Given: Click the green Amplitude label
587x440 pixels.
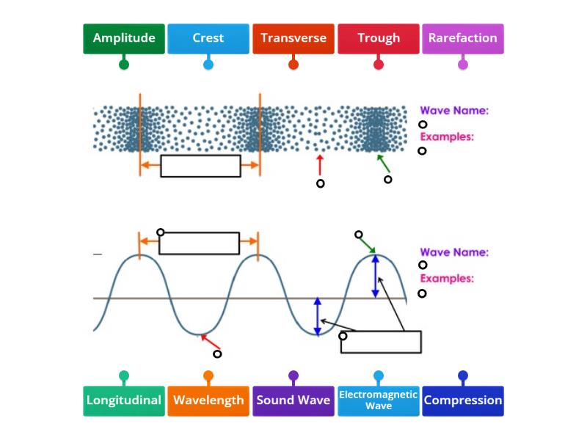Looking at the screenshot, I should (x=123, y=38).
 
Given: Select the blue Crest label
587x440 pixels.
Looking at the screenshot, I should (x=208, y=38).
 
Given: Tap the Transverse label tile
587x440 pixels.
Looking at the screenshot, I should (x=293, y=38).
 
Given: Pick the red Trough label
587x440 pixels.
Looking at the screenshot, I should (x=379, y=38).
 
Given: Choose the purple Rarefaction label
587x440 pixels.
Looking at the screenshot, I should (x=463, y=38).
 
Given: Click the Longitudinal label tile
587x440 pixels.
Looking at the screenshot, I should (x=123, y=400).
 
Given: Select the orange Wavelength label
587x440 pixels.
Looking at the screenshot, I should (x=208, y=400).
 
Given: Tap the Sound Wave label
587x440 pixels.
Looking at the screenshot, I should (x=293, y=400).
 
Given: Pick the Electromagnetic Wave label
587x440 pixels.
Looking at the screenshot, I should (x=379, y=400).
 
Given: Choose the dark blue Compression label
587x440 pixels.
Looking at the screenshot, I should (x=463, y=400).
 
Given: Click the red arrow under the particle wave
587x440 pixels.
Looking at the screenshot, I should (x=319, y=163).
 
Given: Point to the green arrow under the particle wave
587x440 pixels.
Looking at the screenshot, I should (x=383, y=163).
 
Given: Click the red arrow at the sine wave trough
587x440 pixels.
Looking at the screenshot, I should (x=210, y=342).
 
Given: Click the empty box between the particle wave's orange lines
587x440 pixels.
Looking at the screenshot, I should (x=200, y=166).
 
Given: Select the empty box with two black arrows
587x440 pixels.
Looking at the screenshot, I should (x=381, y=342).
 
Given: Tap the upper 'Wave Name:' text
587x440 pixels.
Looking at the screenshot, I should (x=453, y=111).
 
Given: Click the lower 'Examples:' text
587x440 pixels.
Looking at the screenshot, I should (x=446, y=279).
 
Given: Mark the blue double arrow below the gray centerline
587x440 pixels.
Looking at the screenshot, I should (x=317, y=316).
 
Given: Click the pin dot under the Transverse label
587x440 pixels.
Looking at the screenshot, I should (x=293, y=65).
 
